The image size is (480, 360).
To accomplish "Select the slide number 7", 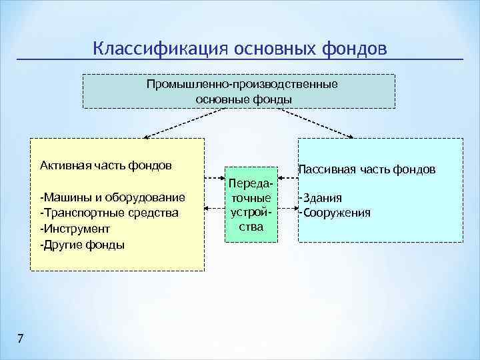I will point(20,339).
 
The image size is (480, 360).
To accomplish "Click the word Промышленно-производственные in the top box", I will point(243,85).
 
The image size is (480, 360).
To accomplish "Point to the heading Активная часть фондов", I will point(105,165).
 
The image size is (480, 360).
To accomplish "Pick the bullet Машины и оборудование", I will point(112,198).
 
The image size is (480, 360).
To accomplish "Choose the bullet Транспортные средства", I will point(109,213).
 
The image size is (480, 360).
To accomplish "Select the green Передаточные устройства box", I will point(251,205).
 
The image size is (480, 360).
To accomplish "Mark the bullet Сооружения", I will point(334,213).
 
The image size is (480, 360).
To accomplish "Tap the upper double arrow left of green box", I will point(215,179).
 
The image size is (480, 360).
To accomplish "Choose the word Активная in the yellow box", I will point(62,165).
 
